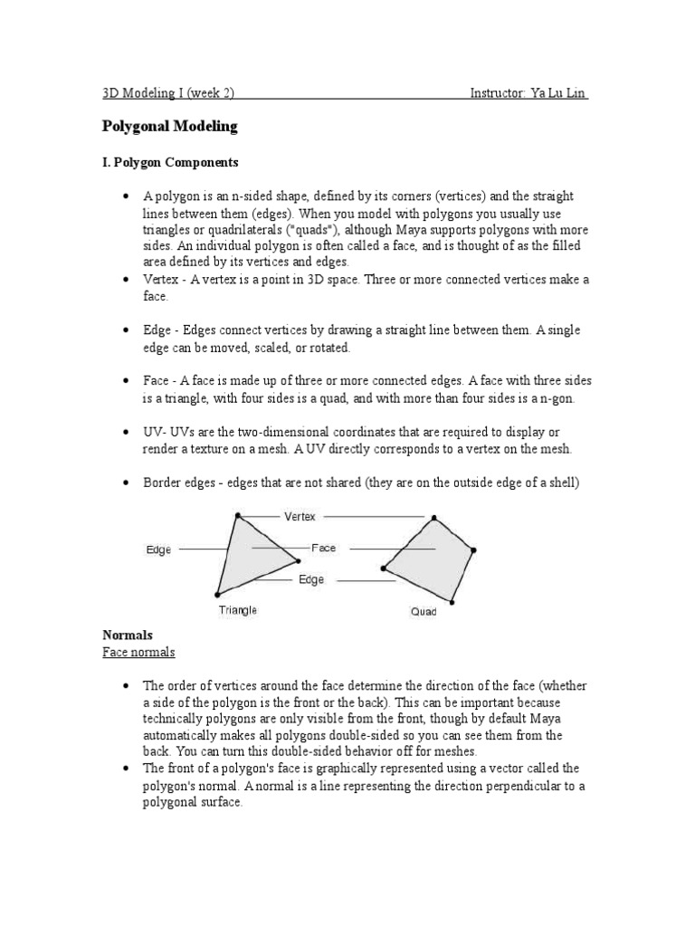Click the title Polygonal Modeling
(x=169, y=127)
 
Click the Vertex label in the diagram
(x=300, y=517)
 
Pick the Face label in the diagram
(x=323, y=548)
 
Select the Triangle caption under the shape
(x=238, y=610)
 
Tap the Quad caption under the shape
(x=424, y=612)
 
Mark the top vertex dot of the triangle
(x=238, y=516)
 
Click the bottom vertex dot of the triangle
(x=217, y=595)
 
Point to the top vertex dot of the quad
(x=434, y=519)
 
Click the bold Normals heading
(x=127, y=636)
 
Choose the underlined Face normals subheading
(x=138, y=653)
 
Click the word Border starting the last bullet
(x=162, y=483)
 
